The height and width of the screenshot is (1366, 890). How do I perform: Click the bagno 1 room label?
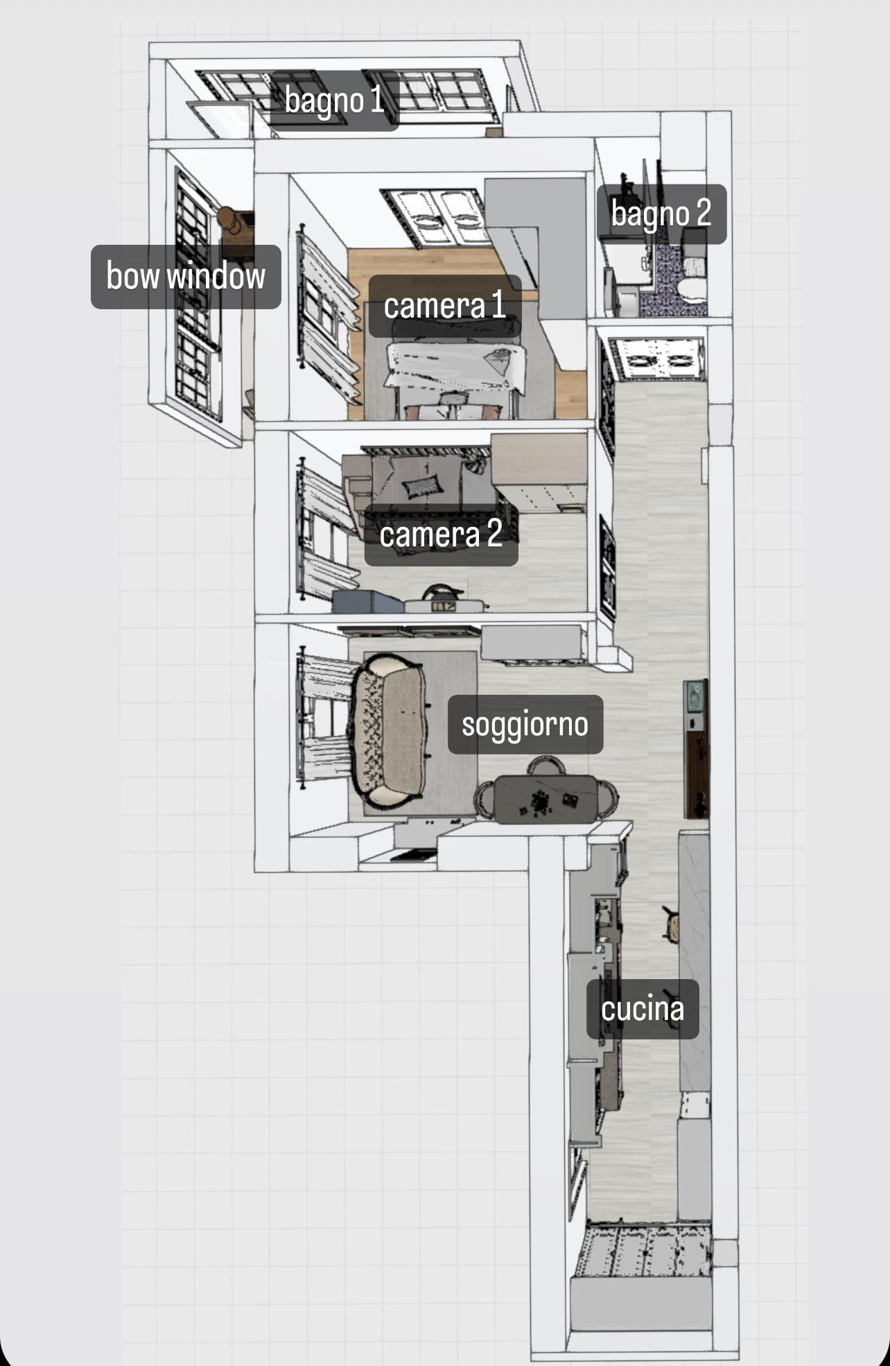(334, 101)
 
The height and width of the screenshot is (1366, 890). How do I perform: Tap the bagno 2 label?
(661, 214)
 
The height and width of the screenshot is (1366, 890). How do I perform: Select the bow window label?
(186, 277)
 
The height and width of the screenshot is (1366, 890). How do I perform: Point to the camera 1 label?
(444, 306)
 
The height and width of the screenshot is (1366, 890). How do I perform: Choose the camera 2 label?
(441, 535)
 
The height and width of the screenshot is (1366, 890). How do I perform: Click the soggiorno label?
(525, 725)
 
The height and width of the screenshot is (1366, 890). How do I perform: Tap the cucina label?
(643, 1009)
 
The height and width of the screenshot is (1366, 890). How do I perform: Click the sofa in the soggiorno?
(388, 731)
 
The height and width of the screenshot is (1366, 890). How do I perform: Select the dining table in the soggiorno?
(545, 799)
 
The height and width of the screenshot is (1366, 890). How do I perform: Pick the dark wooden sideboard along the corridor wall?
(696, 749)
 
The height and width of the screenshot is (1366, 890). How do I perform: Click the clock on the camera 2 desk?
(444, 607)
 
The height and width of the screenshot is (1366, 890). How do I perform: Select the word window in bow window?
(216, 276)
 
